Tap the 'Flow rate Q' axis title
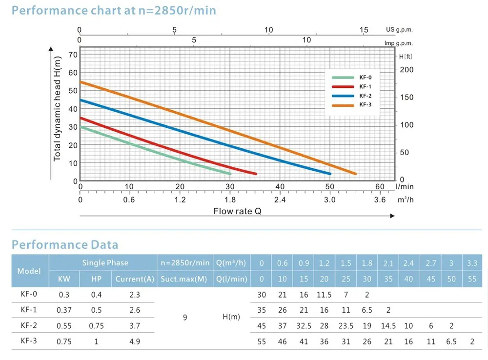click(x=237, y=211)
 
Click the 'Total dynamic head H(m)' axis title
click(x=58, y=109)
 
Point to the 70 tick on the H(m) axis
click(x=72, y=54)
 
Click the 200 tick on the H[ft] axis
click(x=407, y=70)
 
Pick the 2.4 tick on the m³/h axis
click(x=280, y=200)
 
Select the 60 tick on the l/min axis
click(x=380, y=186)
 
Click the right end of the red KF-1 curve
click(x=255, y=174)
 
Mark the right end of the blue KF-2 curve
click(x=330, y=174)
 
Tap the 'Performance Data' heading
click(x=65, y=244)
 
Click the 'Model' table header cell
click(x=29, y=271)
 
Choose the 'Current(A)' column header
click(x=135, y=280)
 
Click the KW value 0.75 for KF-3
click(x=64, y=341)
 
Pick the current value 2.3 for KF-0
click(x=135, y=295)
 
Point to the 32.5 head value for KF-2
click(x=304, y=325)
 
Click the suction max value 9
click(x=184, y=317)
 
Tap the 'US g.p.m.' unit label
click(x=399, y=30)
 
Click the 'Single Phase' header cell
click(x=105, y=263)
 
